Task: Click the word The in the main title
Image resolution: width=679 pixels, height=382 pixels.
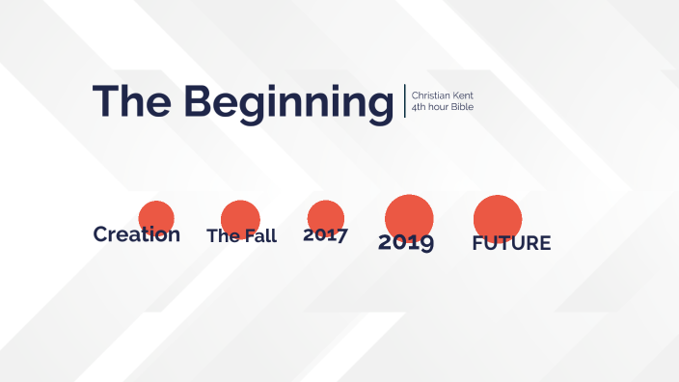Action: click(x=132, y=101)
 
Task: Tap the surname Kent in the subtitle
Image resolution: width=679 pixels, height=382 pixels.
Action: click(x=462, y=95)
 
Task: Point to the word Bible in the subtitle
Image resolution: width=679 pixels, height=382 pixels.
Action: click(x=462, y=106)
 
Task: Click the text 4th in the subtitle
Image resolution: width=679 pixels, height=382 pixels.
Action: click(x=419, y=106)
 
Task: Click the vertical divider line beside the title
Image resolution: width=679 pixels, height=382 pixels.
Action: click(x=405, y=101)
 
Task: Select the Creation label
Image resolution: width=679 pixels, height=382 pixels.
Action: click(x=136, y=234)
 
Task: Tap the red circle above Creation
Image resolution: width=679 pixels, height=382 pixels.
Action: click(x=156, y=214)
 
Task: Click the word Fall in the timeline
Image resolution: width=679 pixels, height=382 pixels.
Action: click(x=259, y=236)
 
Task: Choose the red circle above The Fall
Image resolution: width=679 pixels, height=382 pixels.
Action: click(x=240, y=216)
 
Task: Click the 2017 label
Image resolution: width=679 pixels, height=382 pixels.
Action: click(x=325, y=234)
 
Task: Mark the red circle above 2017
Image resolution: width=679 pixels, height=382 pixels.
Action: click(x=326, y=215)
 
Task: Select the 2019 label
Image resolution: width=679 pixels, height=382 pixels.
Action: click(x=406, y=242)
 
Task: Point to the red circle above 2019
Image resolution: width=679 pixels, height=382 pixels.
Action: click(x=409, y=214)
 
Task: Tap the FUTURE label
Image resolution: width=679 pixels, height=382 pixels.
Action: click(x=511, y=243)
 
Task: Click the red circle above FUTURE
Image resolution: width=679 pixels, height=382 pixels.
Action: click(x=498, y=215)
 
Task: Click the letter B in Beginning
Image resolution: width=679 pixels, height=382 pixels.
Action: click(x=199, y=101)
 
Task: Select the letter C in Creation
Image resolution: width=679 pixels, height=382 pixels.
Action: click(x=101, y=234)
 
